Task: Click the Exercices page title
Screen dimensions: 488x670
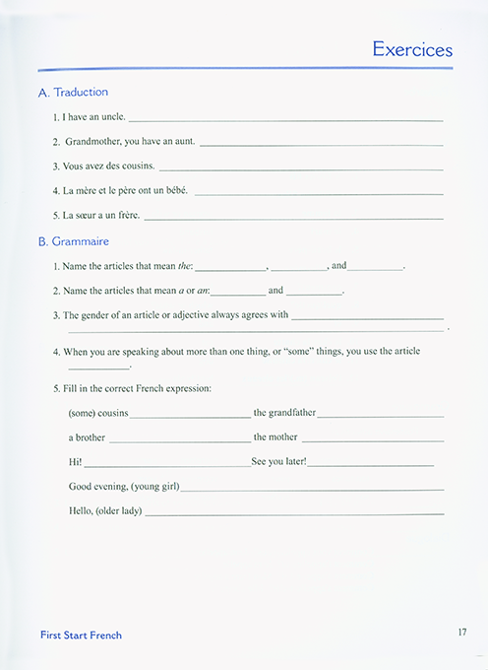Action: [412, 49]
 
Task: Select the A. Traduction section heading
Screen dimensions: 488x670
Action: [73, 92]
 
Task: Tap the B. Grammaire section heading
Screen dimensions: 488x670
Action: [73, 241]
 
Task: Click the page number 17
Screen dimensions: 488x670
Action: [461, 633]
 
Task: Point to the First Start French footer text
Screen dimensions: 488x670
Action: [81, 636]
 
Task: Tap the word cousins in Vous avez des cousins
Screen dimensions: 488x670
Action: [135, 166]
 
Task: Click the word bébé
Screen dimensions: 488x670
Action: [174, 190]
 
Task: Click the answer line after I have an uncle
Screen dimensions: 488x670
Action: [285, 119]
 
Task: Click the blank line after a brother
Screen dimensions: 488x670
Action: [180, 439]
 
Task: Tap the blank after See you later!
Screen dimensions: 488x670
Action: [371, 464]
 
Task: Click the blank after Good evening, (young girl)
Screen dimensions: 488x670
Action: [312, 489]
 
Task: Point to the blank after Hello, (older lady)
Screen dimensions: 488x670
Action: [294, 513]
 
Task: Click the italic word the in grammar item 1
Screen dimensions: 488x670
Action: [187, 266]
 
